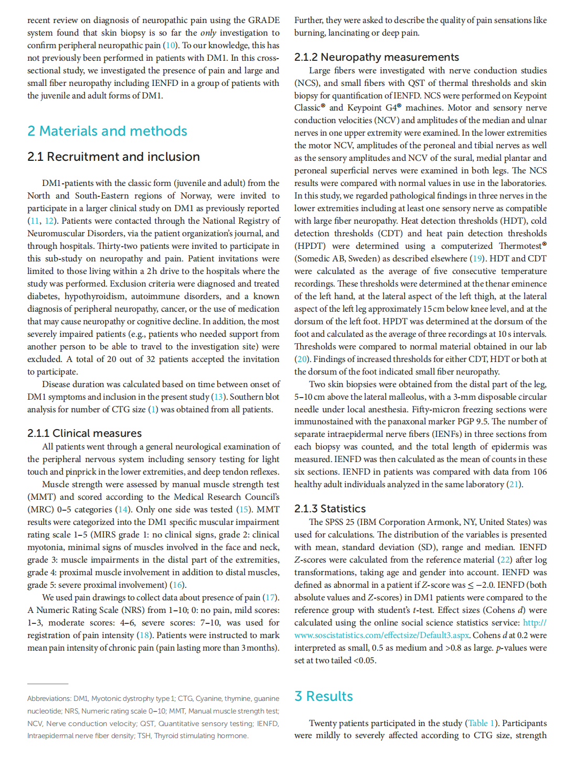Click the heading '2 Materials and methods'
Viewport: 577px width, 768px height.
(x=107, y=131)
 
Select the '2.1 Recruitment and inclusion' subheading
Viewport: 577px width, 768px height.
(x=113, y=157)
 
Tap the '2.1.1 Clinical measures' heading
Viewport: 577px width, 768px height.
(x=84, y=433)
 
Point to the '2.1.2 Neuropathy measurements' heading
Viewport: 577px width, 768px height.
(x=376, y=57)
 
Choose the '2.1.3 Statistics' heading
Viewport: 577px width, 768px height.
(x=330, y=509)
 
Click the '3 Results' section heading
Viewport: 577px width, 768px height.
(x=324, y=696)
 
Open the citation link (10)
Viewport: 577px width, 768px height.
(x=171, y=46)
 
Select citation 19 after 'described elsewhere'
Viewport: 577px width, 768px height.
(x=477, y=259)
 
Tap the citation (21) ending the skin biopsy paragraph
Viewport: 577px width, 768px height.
(x=514, y=485)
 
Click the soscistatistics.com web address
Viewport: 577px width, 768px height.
(x=382, y=635)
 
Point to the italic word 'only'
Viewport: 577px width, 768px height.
(x=208, y=33)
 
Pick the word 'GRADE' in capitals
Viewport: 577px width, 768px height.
(x=263, y=20)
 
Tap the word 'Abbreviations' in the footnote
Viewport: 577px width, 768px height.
(x=49, y=698)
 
